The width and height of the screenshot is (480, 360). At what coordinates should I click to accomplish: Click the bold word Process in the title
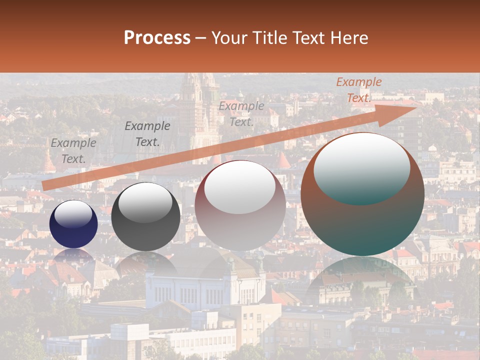157,38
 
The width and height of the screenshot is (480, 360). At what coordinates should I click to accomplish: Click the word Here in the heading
349,38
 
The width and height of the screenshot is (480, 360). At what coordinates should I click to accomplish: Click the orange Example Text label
358,90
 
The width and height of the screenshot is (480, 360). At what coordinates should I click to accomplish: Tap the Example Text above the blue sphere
73,151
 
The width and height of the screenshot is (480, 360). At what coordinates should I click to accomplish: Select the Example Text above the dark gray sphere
147,134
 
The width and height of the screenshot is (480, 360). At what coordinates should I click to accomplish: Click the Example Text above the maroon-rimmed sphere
241,114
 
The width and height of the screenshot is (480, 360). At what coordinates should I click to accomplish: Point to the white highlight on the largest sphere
362,167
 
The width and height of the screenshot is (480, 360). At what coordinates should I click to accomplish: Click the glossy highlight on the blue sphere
73,214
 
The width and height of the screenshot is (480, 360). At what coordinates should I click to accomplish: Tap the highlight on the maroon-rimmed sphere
240,187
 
